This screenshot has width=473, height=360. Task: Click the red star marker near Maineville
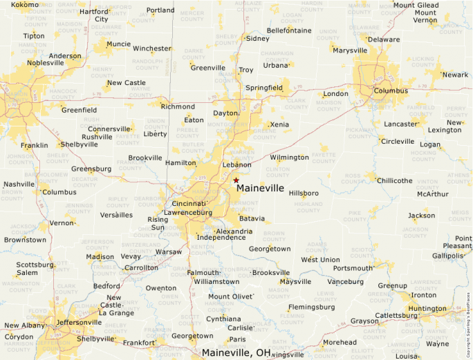[x=236, y=180]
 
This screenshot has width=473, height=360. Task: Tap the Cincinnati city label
[x=188, y=203]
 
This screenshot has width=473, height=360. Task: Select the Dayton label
[x=225, y=113]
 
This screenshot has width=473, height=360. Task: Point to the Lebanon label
[x=236, y=164]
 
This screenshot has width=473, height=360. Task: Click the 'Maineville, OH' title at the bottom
[x=236, y=352]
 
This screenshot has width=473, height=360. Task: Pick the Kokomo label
[x=25, y=5]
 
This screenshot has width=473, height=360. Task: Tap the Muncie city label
[x=118, y=44]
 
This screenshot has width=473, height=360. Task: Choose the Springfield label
[x=263, y=88]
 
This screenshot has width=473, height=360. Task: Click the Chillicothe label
[x=394, y=180]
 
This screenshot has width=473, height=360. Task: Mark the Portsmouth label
[x=353, y=268]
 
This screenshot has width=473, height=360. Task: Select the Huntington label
[x=427, y=308]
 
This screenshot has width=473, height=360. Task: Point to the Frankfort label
[x=139, y=342]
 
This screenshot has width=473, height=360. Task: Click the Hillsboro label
[x=304, y=193]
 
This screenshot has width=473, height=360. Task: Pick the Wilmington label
[x=289, y=157]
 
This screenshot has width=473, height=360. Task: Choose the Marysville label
[x=349, y=50]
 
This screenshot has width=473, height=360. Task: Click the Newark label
[x=455, y=75]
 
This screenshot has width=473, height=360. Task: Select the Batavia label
[x=252, y=218]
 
